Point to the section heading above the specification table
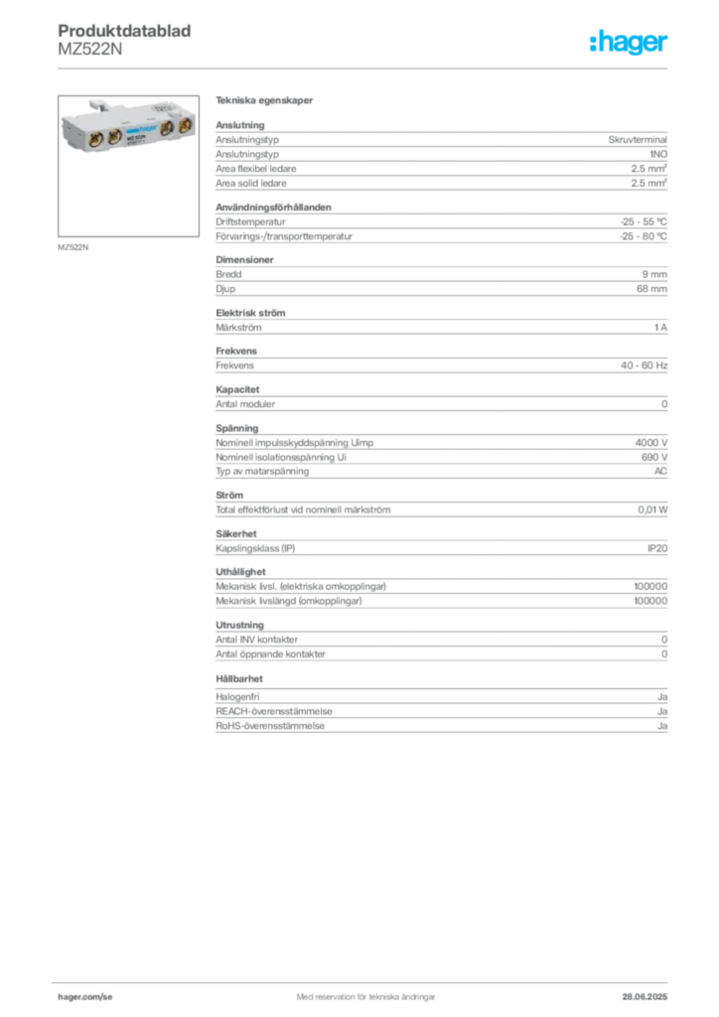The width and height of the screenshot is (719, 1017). pyautogui.click(x=266, y=102)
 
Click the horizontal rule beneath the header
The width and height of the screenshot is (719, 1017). pyautogui.click(x=365, y=67)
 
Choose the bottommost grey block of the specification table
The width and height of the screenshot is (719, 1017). pyautogui.click(x=441, y=715)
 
